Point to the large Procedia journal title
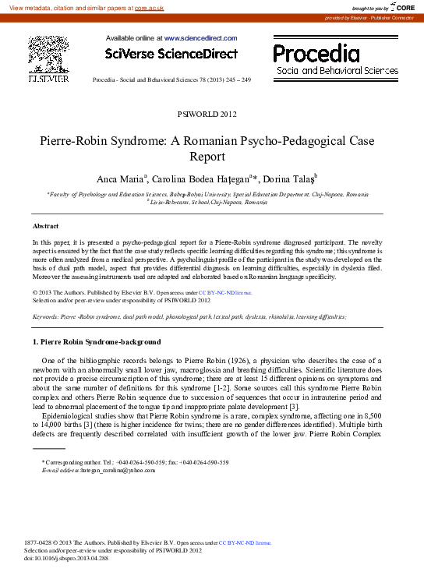[x=316, y=53]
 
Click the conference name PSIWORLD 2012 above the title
[x=211, y=115]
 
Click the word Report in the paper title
[x=211, y=155]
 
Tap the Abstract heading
[x=46, y=225]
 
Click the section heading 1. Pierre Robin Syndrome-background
[x=96, y=342]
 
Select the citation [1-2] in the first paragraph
[x=214, y=387]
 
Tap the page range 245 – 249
[x=235, y=80]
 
